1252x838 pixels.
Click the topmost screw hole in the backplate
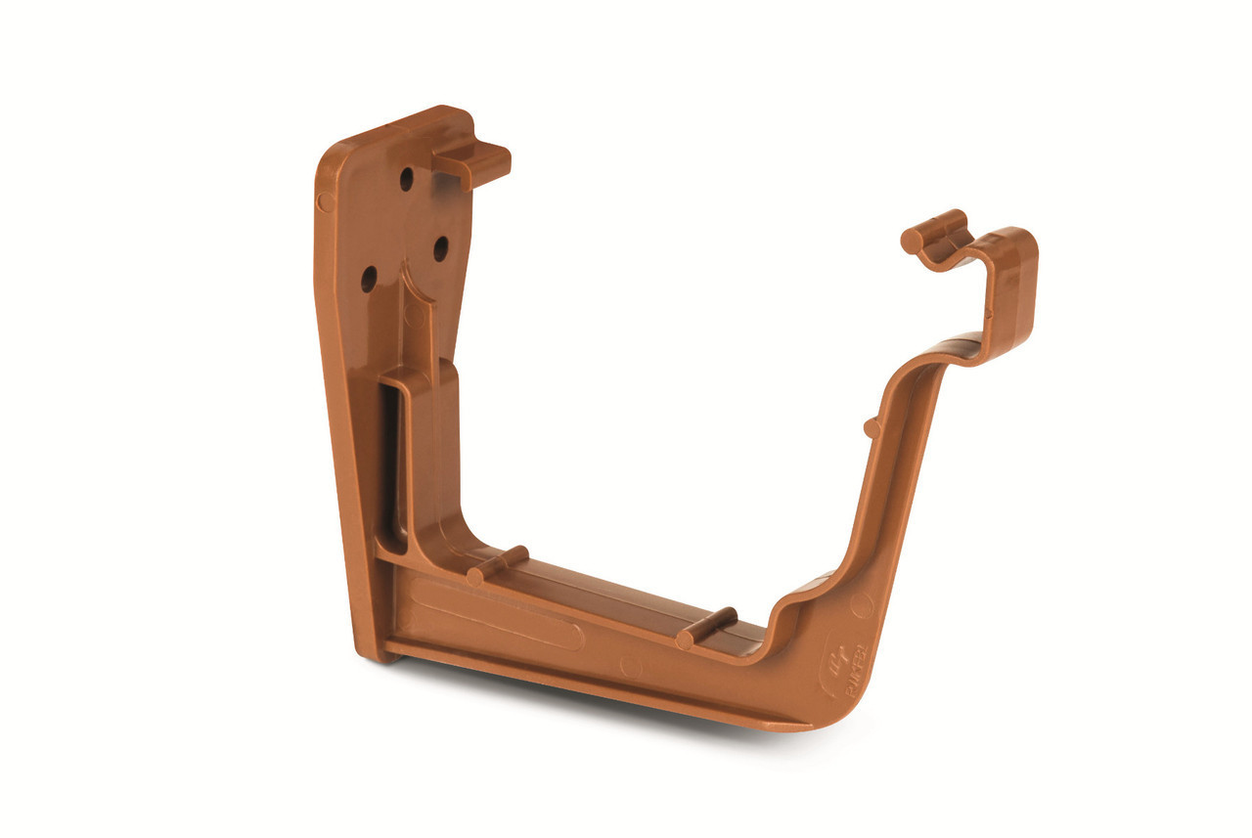(x=406, y=179)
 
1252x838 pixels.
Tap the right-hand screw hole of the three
(x=441, y=248)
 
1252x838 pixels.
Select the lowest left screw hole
(x=369, y=279)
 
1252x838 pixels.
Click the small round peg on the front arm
(x=871, y=427)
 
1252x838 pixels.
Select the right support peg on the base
(x=706, y=628)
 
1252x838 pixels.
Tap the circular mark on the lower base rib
(x=632, y=668)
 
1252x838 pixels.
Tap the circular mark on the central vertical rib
(x=414, y=315)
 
